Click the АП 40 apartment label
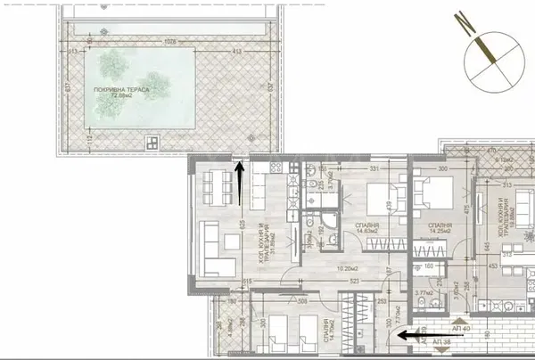461,327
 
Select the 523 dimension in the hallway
329,282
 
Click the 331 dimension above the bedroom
350,168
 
